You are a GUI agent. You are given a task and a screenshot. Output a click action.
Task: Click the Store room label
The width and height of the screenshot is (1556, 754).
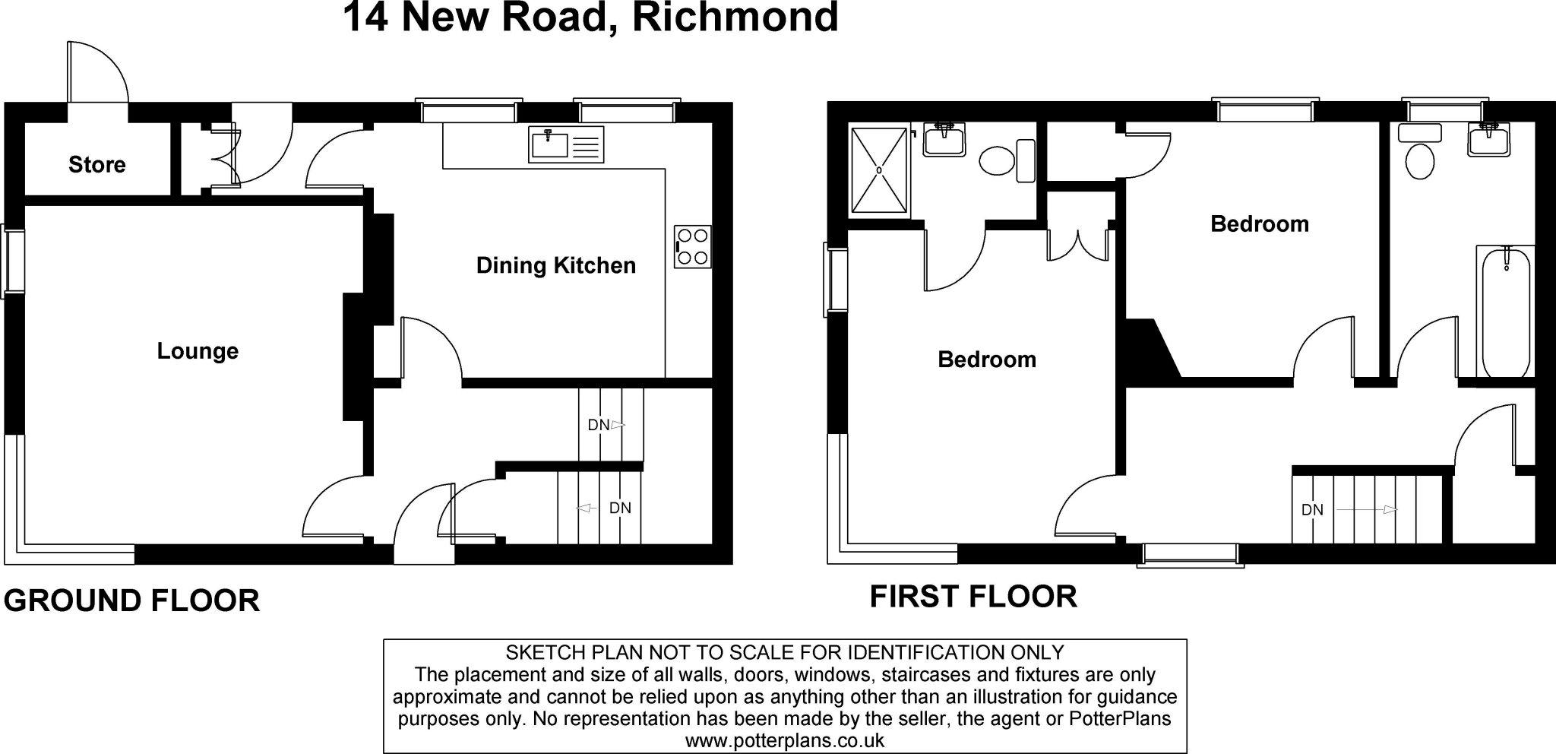tap(96, 164)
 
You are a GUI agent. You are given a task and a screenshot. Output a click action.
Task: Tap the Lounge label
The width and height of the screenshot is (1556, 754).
tap(198, 351)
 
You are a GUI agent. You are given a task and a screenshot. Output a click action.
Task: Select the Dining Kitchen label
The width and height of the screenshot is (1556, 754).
tap(555, 265)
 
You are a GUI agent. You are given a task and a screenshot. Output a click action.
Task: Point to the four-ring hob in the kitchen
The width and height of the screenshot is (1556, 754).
tap(692, 247)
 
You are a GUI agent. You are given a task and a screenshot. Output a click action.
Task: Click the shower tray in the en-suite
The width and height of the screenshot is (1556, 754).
tap(879, 170)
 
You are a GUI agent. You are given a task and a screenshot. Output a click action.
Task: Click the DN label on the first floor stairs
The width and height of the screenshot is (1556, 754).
tap(1312, 510)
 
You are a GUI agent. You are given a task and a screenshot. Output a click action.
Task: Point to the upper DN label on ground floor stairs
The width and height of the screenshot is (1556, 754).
tap(599, 425)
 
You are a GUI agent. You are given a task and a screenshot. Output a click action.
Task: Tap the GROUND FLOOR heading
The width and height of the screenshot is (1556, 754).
tap(131, 600)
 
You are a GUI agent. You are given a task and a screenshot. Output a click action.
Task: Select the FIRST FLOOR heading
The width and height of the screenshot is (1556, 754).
tap(972, 597)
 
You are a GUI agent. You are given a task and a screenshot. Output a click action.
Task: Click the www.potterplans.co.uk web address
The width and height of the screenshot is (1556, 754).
tap(784, 740)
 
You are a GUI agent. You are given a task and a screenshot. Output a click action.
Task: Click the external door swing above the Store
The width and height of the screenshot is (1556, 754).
tap(96, 72)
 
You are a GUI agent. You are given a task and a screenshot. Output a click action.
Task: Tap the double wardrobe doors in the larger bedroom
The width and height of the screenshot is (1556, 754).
tap(1077, 245)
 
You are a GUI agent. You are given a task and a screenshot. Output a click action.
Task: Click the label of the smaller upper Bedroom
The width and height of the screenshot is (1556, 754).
tap(1259, 224)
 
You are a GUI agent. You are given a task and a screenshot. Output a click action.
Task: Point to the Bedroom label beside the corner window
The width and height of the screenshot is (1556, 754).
tap(986, 360)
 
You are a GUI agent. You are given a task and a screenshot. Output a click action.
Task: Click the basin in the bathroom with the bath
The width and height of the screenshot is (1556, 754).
tap(1488, 141)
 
